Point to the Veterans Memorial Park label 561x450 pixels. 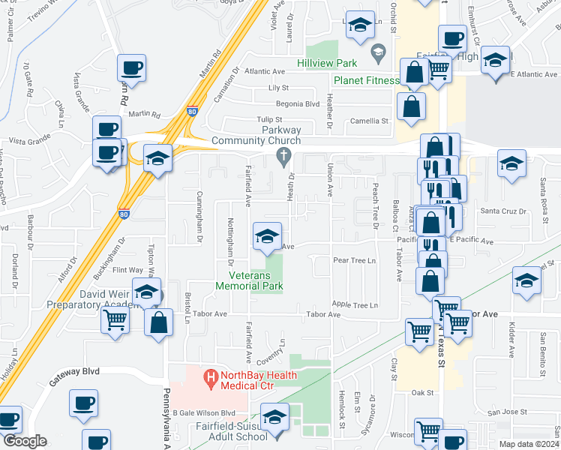coord(250,280)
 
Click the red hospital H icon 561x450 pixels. coord(211,376)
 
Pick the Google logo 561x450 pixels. coord(25,440)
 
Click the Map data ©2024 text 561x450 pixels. coord(529,444)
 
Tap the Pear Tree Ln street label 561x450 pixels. coord(353,261)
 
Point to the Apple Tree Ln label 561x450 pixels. coord(355,304)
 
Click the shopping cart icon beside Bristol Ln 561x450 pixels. coord(115,320)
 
